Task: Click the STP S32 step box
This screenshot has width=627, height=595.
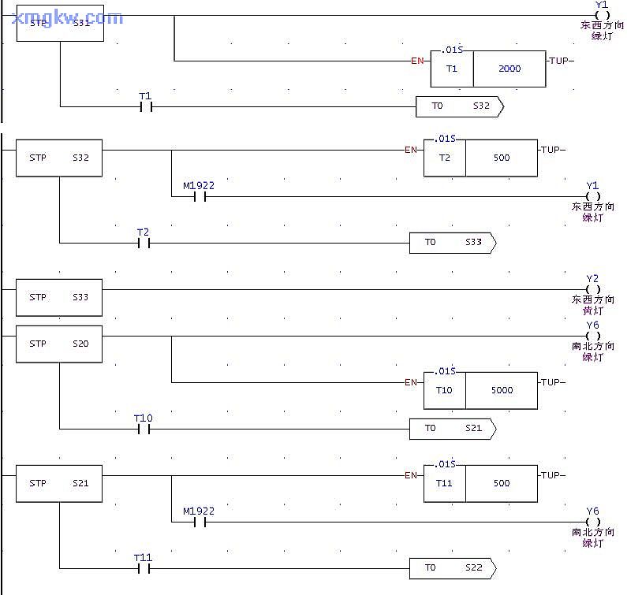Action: coord(59,158)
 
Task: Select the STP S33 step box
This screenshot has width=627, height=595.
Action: coord(59,298)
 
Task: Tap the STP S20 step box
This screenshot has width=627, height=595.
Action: coord(59,344)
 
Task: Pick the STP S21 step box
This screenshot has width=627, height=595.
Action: coord(59,483)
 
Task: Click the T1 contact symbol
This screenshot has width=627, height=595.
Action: coord(145,106)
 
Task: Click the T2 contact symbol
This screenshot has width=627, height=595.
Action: coord(144,243)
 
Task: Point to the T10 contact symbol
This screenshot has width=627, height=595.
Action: coord(144,429)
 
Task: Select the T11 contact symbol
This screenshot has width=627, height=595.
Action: coord(144,567)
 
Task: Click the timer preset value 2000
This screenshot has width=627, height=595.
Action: coord(509,69)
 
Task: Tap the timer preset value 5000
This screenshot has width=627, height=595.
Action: coord(502,390)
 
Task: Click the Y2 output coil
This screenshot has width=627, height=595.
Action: coord(593,289)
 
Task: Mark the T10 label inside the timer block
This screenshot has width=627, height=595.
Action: coord(444,390)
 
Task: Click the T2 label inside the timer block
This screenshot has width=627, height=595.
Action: coord(444,158)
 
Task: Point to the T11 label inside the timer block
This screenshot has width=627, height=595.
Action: coord(444,483)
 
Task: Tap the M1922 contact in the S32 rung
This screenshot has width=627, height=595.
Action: coord(200,197)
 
